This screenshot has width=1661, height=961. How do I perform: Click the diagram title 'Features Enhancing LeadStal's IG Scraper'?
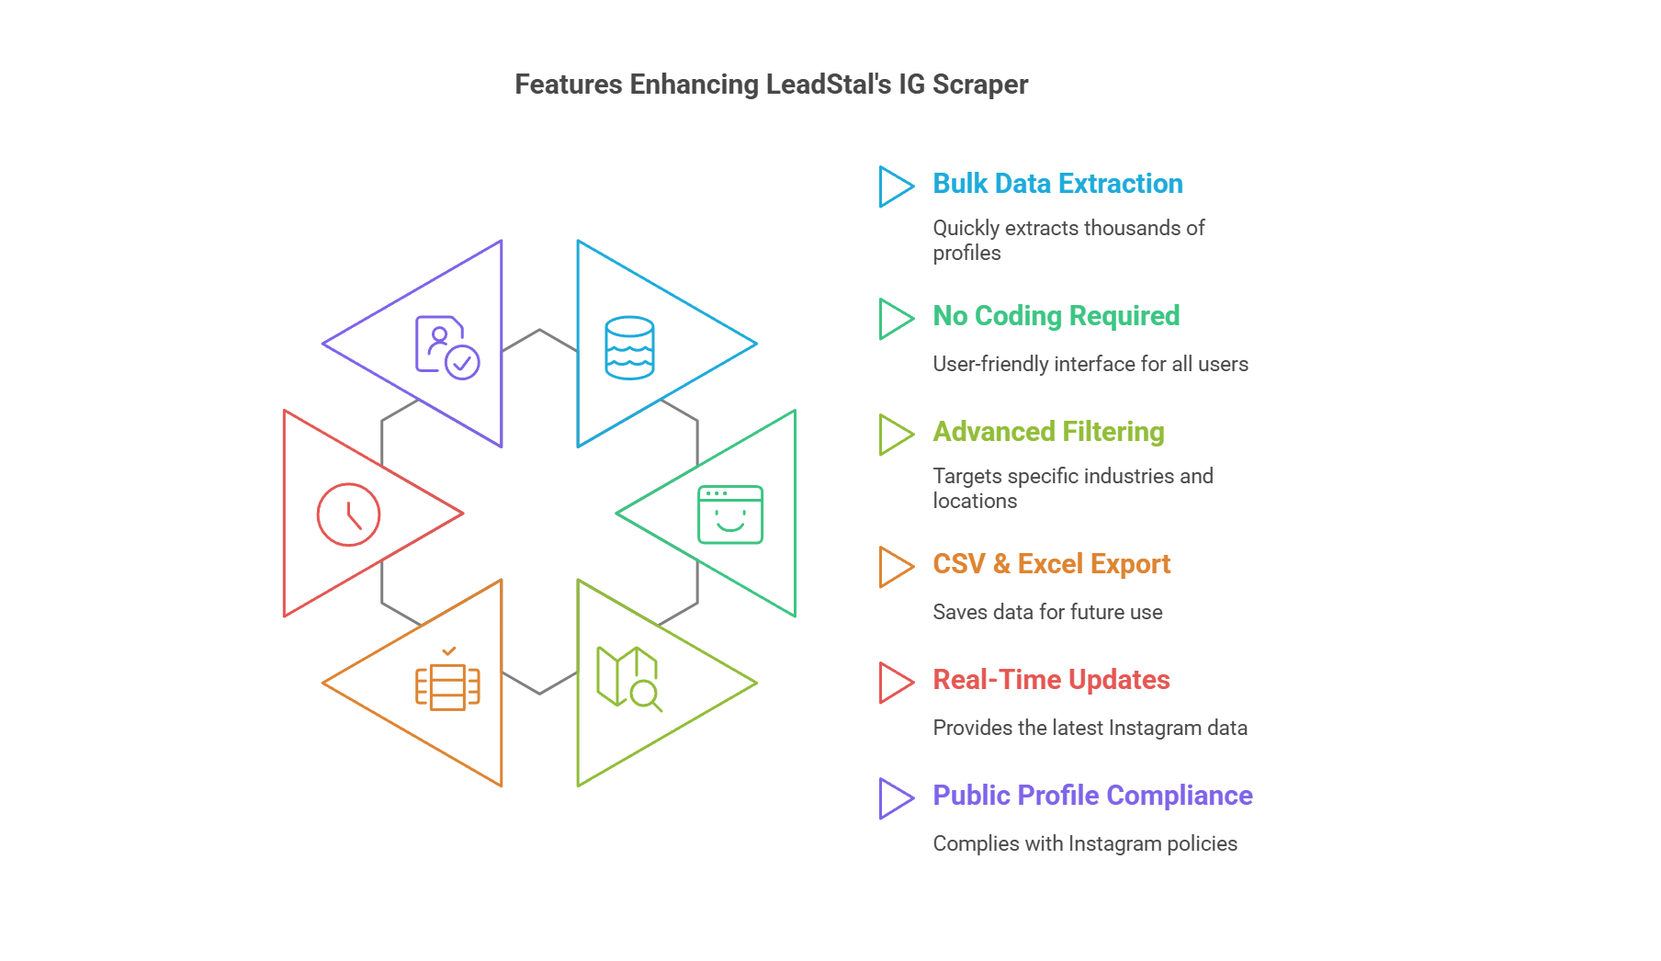click(771, 85)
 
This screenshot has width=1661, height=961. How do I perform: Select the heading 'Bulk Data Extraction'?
click(1057, 184)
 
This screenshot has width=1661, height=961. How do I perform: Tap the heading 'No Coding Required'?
click(1056, 316)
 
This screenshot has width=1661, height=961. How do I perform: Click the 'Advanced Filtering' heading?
click(1048, 432)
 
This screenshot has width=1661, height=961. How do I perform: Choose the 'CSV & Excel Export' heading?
click(1051, 564)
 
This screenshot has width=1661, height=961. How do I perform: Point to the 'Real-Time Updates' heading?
click(1051, 680)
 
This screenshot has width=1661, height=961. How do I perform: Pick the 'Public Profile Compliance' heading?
click(1092, 796)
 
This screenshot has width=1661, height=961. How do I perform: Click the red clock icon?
click(348, 514)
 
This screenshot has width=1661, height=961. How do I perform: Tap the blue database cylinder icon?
click(629, 348)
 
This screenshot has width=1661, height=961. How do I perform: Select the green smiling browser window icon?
click(730, 514)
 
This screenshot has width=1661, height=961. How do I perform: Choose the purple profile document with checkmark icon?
click(446, 348)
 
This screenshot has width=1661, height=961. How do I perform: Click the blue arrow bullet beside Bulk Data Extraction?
click(895, 187)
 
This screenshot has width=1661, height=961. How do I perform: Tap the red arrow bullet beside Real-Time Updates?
click(895, 683)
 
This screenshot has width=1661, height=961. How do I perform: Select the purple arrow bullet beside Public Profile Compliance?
click(895, 798)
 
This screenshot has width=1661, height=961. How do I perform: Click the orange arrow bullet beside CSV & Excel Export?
click(895, 567)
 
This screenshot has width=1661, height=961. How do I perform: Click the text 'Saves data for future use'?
click(1047, 612)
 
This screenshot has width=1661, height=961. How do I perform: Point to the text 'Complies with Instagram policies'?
click(1085, 843)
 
